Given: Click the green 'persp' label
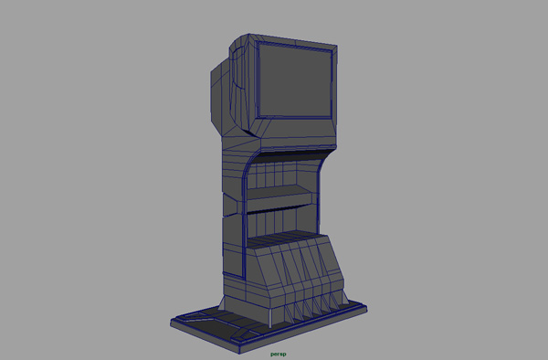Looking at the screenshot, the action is click(279, 354).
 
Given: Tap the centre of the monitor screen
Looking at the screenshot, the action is click(295, 81).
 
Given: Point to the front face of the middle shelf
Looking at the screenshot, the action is click(279, 204).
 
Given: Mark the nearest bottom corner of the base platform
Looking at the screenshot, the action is click(239, 353).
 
